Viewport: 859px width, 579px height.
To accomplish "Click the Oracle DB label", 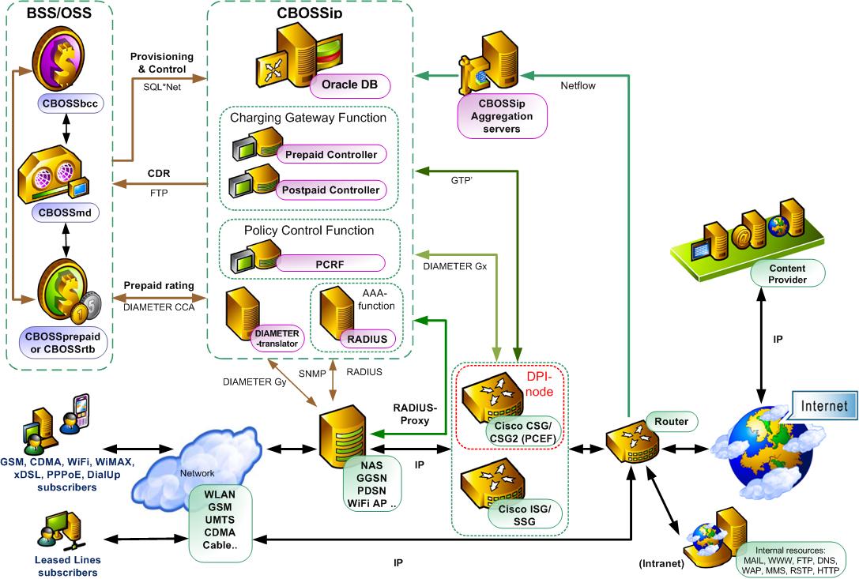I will (354, 83).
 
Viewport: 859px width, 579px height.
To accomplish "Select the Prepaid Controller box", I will (330, 153).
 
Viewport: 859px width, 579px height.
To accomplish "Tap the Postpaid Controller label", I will (330, 190).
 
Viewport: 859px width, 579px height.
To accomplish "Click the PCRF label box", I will (330, 262).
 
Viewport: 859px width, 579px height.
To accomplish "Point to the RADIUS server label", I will (367, 339).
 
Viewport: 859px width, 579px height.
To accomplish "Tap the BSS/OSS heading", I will (58, 13).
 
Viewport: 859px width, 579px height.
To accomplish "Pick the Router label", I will (670, 421).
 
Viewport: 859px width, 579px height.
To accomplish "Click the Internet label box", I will (824, 407).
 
